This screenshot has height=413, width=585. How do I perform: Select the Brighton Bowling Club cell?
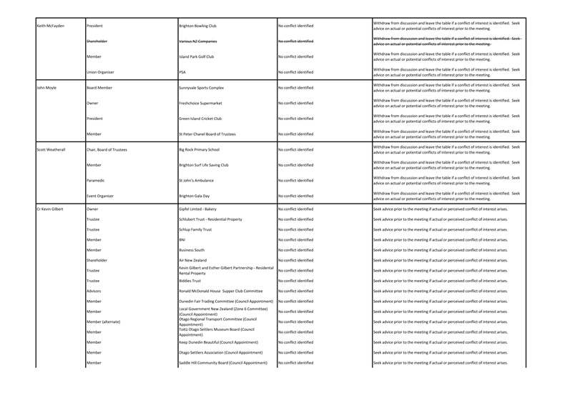pyautogui.click(x=202, y=26)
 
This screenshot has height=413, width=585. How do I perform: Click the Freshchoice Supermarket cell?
pyautogui.click(x=205, y=103)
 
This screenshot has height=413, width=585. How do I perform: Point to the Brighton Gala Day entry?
pyautogui.click(x=197, y=196)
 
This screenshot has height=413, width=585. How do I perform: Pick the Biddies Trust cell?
pyautogui.click(x=191, y=282)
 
